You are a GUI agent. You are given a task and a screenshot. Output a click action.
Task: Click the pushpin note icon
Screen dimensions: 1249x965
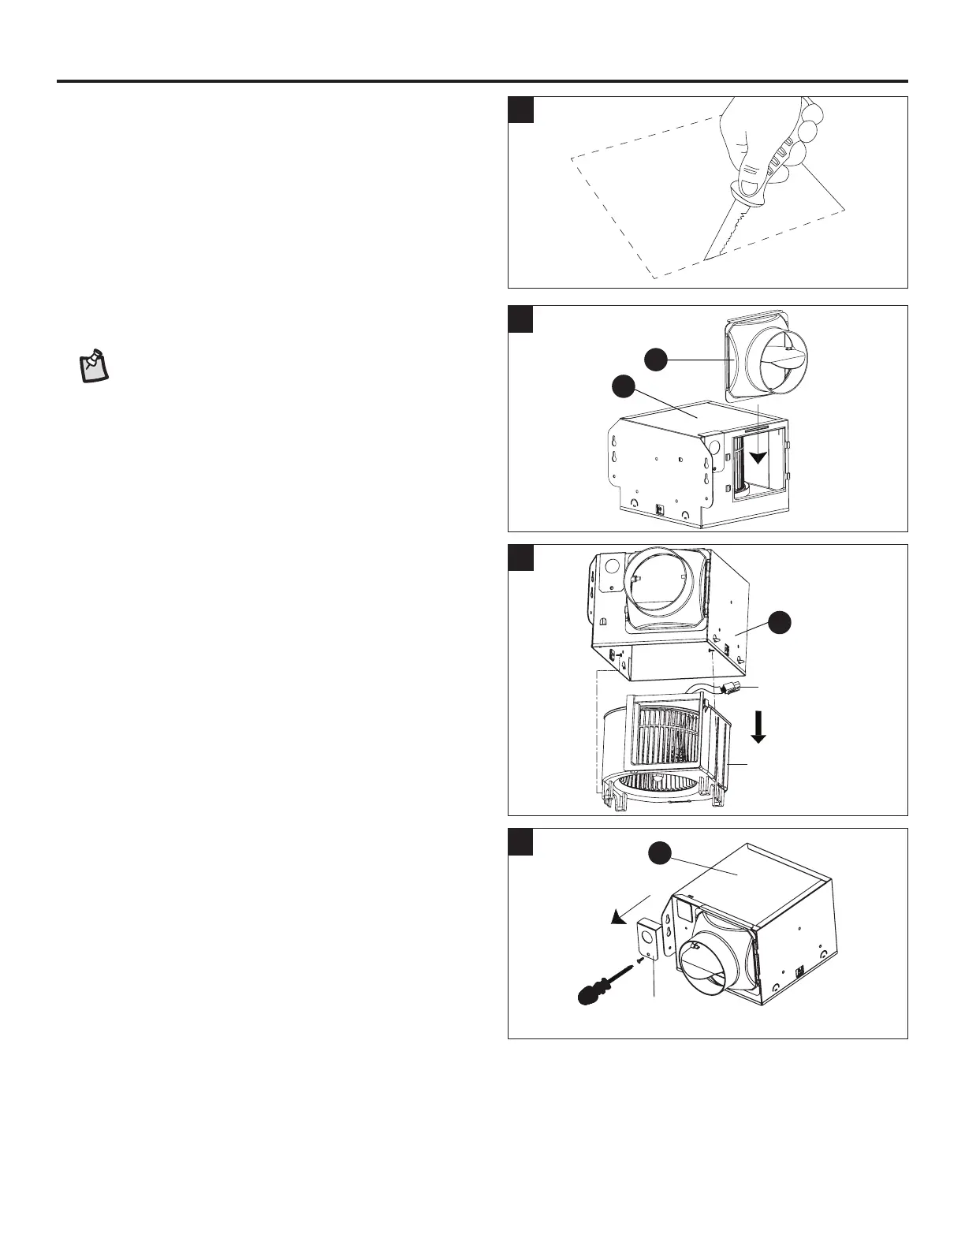pos(95,364)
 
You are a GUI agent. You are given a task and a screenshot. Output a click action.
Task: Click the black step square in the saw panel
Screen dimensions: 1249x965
pos(521,110)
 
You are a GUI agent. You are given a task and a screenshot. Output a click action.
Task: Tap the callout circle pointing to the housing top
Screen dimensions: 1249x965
pos(624,388)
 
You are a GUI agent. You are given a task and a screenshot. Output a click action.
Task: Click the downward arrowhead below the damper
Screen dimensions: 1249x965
pos(758,458)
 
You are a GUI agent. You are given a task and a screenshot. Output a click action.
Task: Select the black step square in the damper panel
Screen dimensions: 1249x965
pos(521,319)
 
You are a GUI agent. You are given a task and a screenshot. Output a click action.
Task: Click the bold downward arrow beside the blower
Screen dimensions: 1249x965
pos(758,726)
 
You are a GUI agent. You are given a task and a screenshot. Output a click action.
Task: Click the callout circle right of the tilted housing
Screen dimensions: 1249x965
pos(781,622)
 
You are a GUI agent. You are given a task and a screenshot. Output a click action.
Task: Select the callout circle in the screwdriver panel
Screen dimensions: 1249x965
pos(660,854)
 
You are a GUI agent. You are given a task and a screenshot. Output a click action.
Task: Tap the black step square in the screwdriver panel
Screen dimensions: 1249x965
pos(521,841)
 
